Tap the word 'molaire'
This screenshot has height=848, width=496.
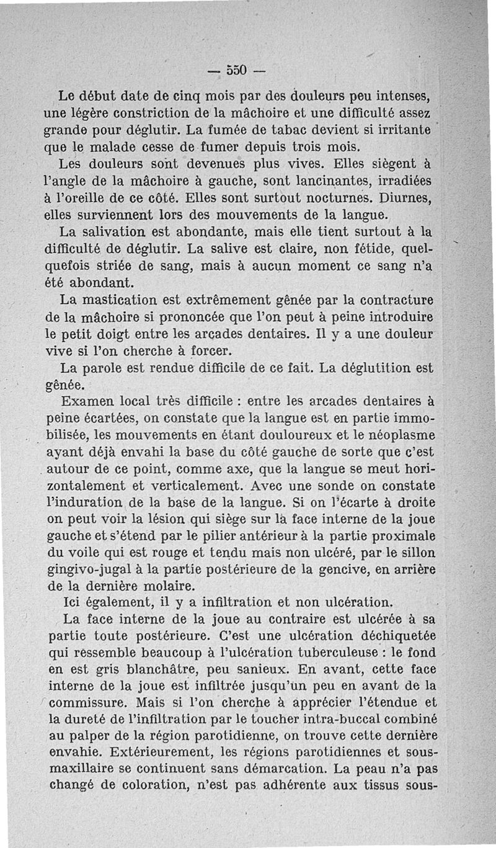pyautogui.click(x=164, y=585)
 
